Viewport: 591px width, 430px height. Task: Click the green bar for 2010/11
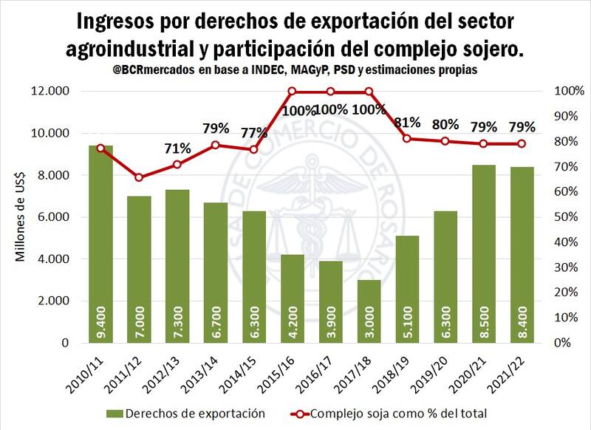(x=100, y=244)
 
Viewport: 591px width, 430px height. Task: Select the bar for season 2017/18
(x=369, y=311)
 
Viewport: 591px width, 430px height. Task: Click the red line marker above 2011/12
(x=139, y=177)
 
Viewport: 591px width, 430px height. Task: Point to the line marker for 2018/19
(x=406, y=139)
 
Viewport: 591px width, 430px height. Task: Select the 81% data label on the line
(x=407, y=123)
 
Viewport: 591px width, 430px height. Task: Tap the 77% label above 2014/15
(x=253, y=133)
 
